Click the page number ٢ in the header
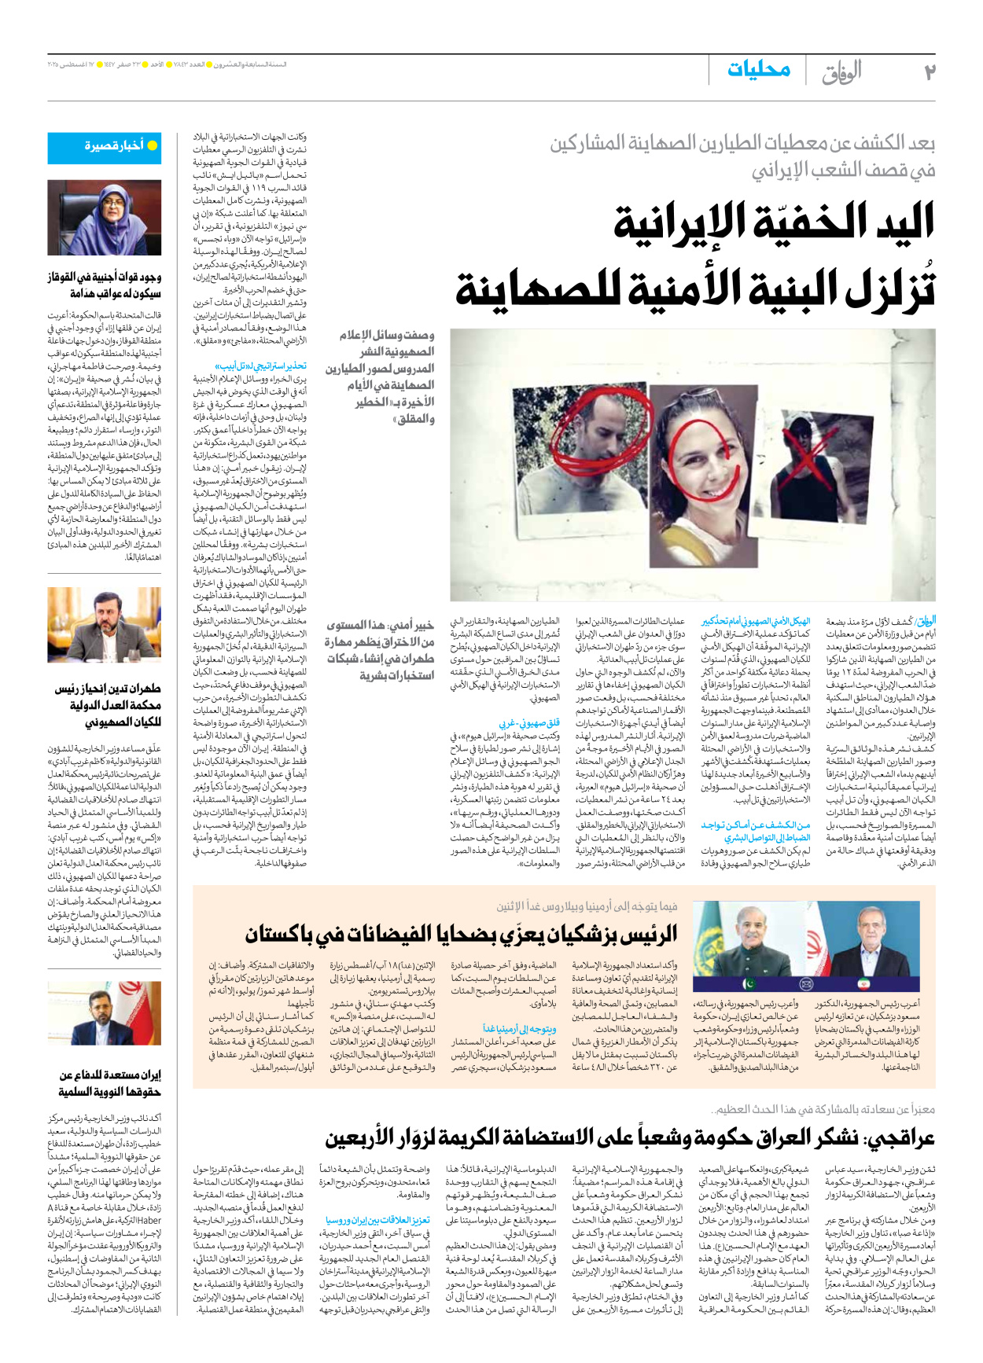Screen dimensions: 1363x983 929,72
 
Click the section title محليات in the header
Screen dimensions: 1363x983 758,70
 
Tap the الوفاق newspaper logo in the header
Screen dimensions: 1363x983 841,72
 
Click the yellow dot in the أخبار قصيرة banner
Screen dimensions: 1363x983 153,145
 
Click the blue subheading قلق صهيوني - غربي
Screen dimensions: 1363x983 529,722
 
